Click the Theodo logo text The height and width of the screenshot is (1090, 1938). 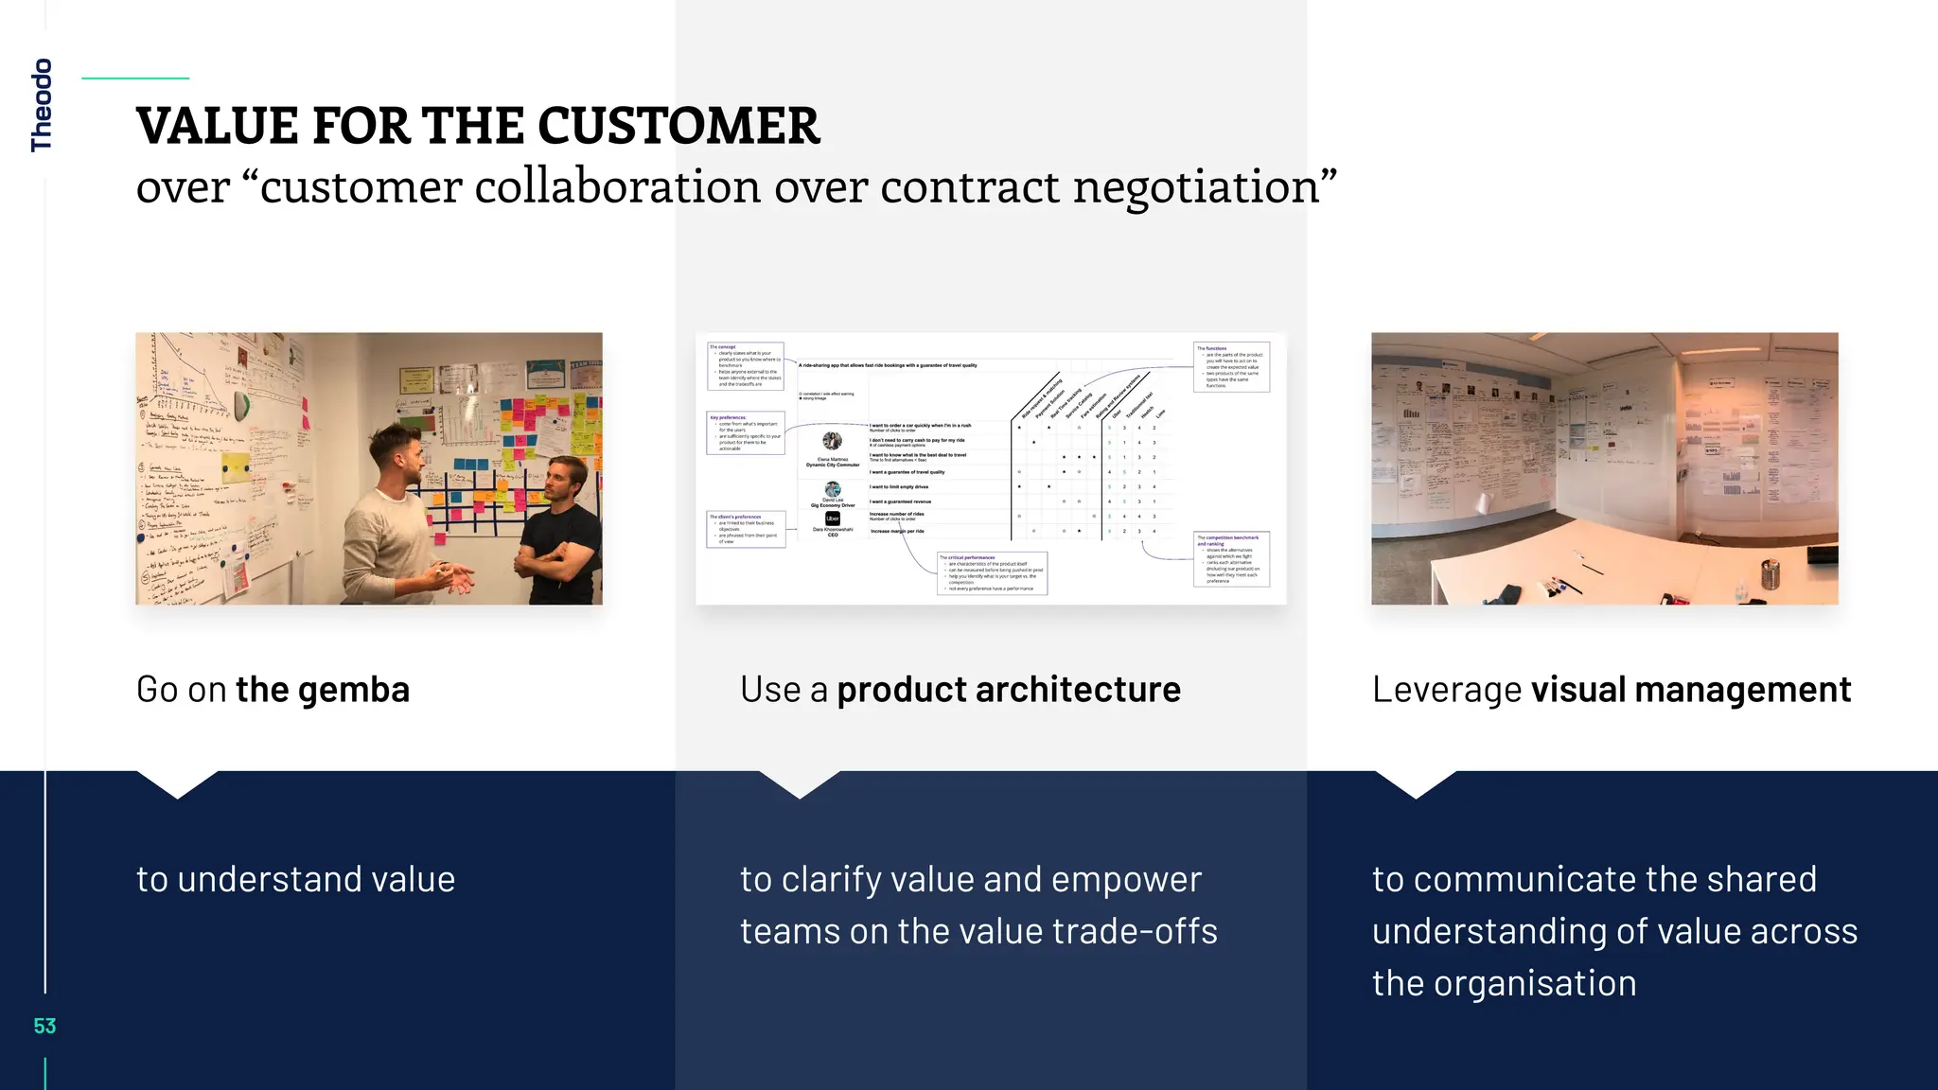pos(42,104)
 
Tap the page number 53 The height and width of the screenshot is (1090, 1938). pos(44,1026)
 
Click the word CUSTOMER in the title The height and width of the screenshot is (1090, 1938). pos(678,126)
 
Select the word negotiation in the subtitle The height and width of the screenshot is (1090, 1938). pos(1205,185)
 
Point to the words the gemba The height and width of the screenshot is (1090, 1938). pos(322,690)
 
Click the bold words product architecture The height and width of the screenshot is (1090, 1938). pos(1009,690)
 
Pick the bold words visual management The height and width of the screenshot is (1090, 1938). pos(1690,690)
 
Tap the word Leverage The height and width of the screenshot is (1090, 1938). pos(1446,690)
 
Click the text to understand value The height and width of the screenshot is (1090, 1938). pos(295,879)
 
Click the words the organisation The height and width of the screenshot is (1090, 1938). pos(1504,983)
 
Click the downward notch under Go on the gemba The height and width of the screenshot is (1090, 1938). pos(177,784)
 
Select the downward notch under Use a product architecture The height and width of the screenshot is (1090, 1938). pos(800,784)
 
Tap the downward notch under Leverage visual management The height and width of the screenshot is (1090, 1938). pos(1416,784)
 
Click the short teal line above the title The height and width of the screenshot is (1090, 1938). pos(135,79)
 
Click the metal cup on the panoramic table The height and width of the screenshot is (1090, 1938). pos(1769,573)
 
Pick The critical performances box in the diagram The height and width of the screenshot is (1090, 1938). pos(992,573)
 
